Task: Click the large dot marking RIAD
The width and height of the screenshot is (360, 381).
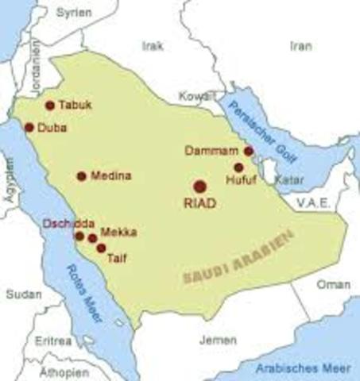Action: pyautogui.click(x=199, y=186)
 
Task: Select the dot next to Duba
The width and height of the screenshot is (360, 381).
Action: pyautogui.click(x=29, y=127)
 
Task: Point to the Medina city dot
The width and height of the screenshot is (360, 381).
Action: pyautogui.click(x=81, y=176)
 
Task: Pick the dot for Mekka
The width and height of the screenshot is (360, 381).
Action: pyautogui.click(x=92, y=237)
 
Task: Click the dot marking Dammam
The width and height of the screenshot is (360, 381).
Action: pyautogui.click(x=249, y=151)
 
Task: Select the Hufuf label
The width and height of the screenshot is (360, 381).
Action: pyautogui.click(x=242, y=181)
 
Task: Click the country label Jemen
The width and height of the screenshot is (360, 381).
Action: pyautogui.click(x=218, y=340)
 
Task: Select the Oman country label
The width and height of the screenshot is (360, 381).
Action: pyautogui.click(x=333, y=284)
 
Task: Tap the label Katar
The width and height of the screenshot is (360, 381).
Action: pyautogui.click(x=289, y=180)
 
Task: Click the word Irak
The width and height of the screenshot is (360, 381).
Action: pyautogui.click(x=152, y=46)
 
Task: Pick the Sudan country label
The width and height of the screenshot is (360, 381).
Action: pyautogui.click(x=24, y=294)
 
